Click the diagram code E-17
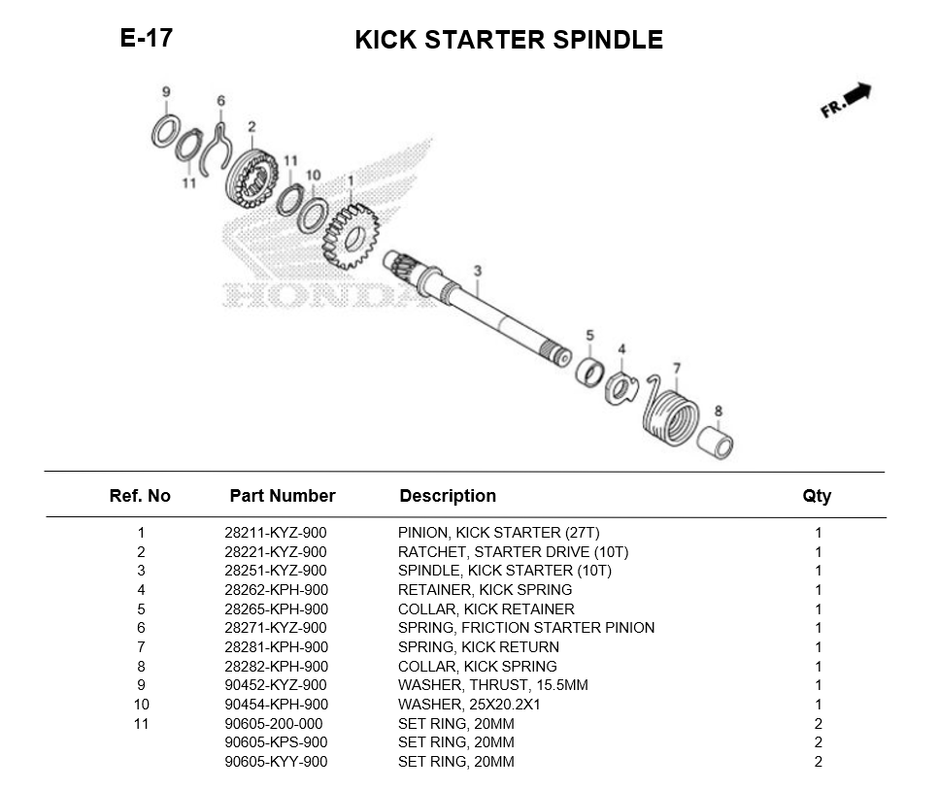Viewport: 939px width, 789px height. (146, 39)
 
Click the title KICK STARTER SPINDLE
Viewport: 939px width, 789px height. (508, 40)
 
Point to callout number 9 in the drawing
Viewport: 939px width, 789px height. (166, 92)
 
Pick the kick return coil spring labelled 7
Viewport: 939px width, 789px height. (670, 412)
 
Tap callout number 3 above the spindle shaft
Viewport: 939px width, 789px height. (477, 270)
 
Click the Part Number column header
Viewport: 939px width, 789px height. (282, 496)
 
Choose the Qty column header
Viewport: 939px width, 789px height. (817, 496)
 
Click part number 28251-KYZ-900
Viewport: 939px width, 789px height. (275, 571)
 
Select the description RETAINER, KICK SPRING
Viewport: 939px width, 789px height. (485, 590)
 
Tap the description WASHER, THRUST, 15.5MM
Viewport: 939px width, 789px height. (492, 685)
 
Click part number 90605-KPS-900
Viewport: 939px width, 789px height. (275, 742)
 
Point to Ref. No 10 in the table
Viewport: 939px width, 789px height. (141, 705)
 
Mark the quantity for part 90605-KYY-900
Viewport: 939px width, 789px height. (818, 762)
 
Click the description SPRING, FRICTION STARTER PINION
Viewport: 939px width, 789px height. (525, 628)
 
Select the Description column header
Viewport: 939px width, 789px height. (448, 496)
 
